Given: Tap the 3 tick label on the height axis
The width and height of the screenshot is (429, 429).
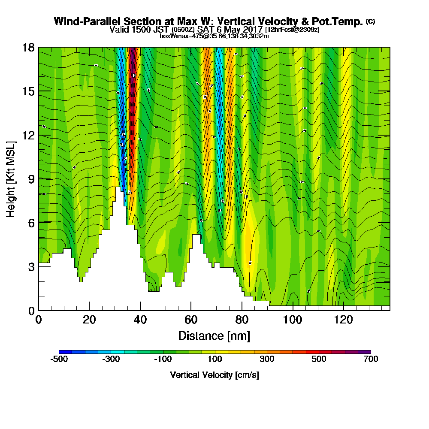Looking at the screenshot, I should coord(30,266).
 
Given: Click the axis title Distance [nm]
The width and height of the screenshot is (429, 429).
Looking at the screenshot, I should coord(214,335).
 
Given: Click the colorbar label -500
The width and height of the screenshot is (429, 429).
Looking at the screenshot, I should coord(59,359).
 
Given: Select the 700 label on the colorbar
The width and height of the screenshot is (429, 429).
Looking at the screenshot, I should coord(371,359).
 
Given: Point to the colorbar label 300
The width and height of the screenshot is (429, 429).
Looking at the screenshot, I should coord(267,359).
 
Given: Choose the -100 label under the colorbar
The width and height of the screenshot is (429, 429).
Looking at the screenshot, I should coord(163,359).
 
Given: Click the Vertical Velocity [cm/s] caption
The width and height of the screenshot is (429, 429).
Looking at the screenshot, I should coord(214,375).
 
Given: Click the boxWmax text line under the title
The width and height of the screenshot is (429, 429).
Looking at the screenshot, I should coord(214,36).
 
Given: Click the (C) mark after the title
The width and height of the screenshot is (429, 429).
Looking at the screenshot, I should coord(370,21).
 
